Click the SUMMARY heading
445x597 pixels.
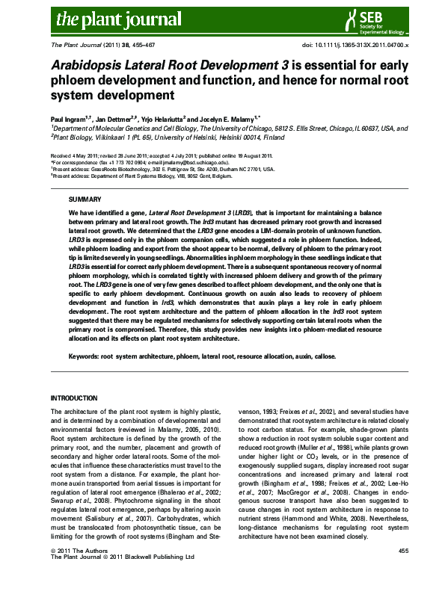[83, 200]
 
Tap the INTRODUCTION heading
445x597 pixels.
[73, 398]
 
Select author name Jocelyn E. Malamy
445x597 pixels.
[234, 118]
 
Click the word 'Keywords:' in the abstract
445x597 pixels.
[83, 358]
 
